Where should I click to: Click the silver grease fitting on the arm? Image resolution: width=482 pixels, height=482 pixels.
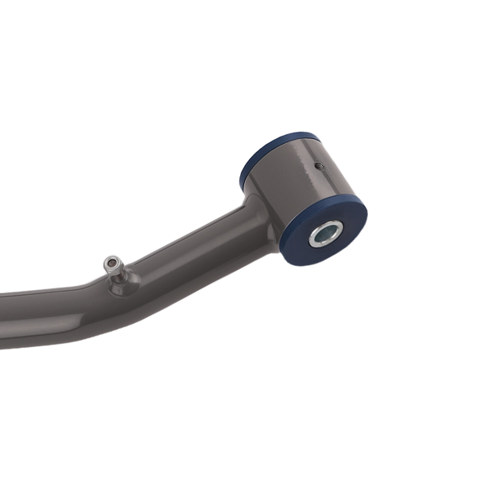tap(115, 268)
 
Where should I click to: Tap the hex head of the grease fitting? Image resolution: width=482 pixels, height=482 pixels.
tap(112, 263)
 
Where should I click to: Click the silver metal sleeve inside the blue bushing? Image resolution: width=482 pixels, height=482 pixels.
tap(325, 234)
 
